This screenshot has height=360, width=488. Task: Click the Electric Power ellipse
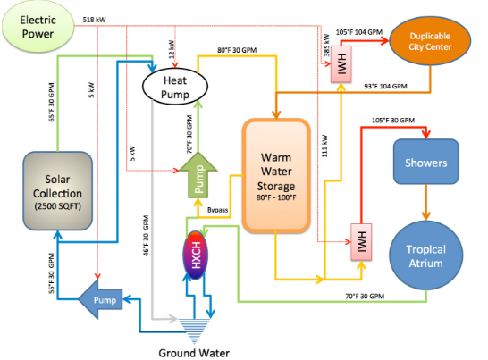(x=38, y=27)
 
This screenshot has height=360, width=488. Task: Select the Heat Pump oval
(x=175, y=87)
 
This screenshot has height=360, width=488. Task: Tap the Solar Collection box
(x=57, y=191)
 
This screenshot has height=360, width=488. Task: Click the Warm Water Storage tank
(x=276, y=176)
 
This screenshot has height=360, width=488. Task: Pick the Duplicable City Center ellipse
(x=430, y=40)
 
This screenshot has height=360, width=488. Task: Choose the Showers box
(x=425, y=162)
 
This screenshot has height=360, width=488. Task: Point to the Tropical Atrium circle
(x=425, y=255)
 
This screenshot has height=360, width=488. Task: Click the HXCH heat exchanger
(x=195, y=255)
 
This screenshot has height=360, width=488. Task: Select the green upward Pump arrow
(x=198, y=175)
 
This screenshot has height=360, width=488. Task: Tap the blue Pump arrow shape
(x=100, y=299)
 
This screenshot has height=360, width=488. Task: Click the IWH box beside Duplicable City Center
(x=341, y=64)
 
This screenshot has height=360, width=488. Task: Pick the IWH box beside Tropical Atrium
(x=361, y=242)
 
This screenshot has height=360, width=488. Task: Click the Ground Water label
(x=194, y=353)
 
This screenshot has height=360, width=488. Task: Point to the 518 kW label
(x=94, y=20)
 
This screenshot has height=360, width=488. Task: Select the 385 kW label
(x=326, y=46)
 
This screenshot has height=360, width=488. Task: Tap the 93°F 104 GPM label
(x=385, y=86)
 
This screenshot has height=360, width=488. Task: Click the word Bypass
(x=217, y=210)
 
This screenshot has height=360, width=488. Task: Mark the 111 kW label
(x=324, y=146)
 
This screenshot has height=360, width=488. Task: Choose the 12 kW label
(x=172, y=49)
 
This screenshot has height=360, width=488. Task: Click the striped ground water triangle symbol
(x=194, y=331)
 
